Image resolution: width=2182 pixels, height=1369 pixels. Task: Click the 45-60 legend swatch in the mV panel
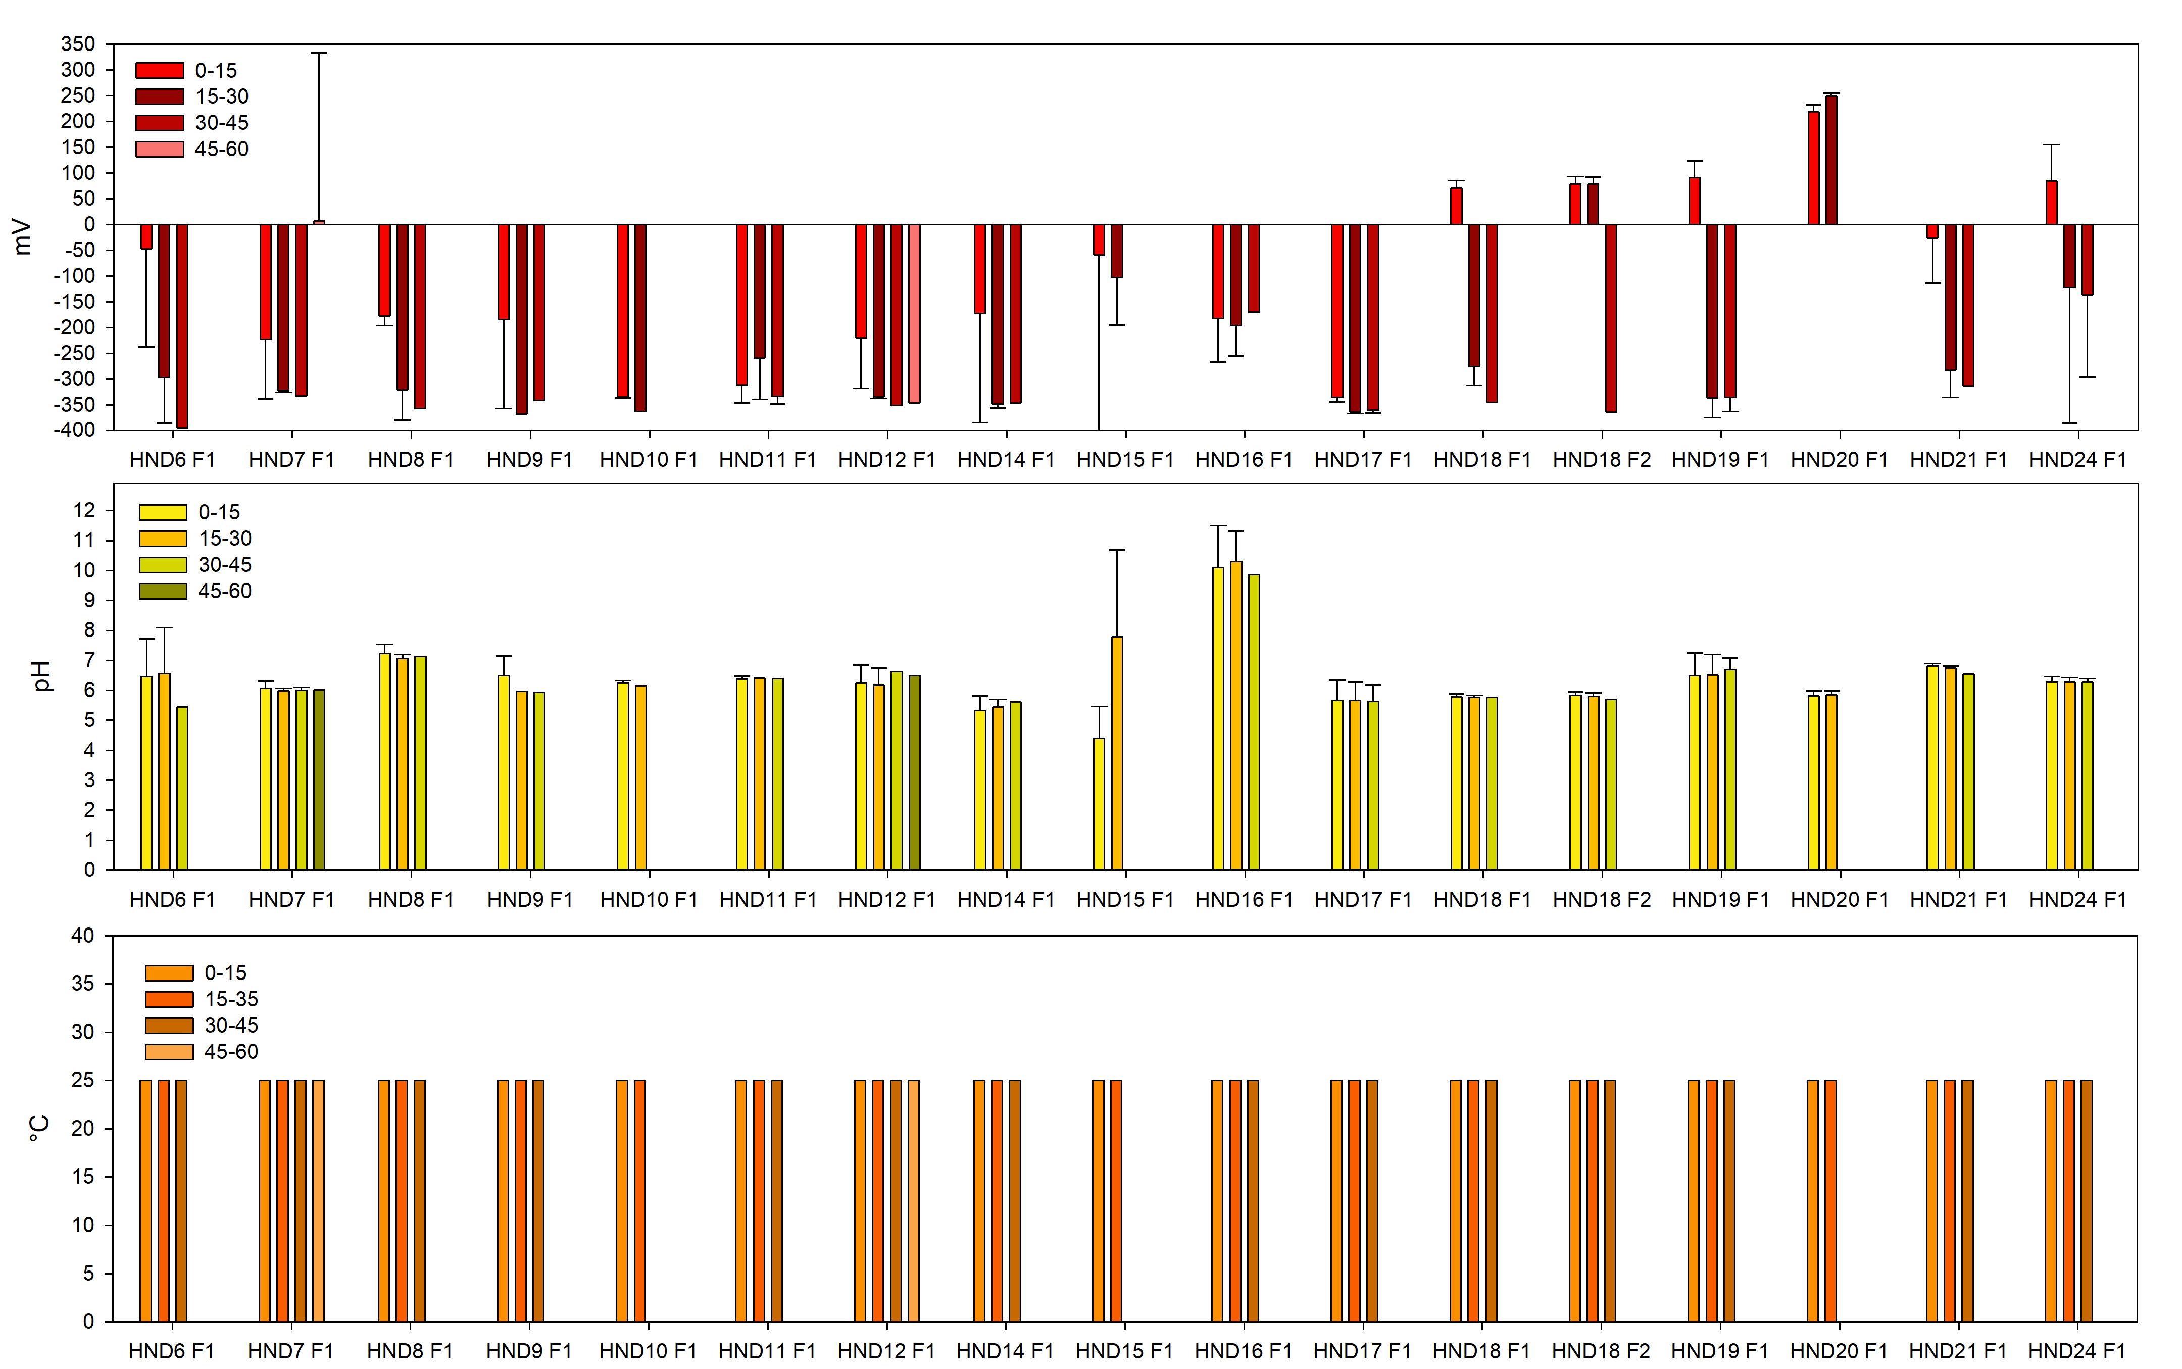[159, 149]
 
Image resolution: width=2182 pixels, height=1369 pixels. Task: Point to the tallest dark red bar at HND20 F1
[1831, 159]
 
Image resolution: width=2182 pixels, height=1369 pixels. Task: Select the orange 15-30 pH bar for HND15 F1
[1117, 752]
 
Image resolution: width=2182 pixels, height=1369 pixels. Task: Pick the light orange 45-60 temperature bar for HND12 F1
[913, 1200]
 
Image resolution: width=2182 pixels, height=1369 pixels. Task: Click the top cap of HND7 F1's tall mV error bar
[319, 53]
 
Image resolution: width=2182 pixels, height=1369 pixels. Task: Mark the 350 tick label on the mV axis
[78, 43]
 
